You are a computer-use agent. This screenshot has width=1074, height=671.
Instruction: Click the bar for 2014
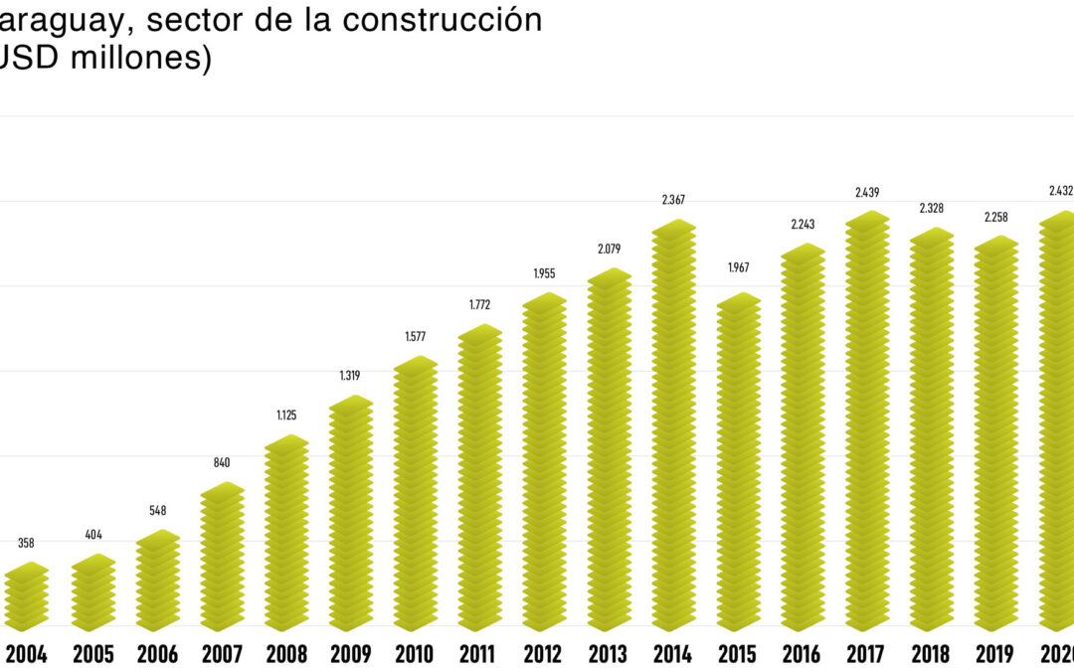673,427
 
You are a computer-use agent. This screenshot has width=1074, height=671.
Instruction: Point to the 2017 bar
867,422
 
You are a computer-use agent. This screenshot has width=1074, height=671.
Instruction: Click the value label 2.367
673,200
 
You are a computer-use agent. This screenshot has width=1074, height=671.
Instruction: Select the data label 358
26,543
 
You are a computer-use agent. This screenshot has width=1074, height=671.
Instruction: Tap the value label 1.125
285,416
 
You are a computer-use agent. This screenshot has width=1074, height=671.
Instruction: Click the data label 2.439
867,192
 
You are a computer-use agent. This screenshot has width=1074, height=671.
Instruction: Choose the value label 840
221,462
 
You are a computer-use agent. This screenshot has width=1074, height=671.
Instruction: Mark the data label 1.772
479,304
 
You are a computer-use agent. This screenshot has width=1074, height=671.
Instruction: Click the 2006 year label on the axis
156,655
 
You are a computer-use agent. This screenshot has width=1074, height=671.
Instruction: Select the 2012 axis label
544,655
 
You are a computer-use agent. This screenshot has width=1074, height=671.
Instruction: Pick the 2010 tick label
415,655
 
